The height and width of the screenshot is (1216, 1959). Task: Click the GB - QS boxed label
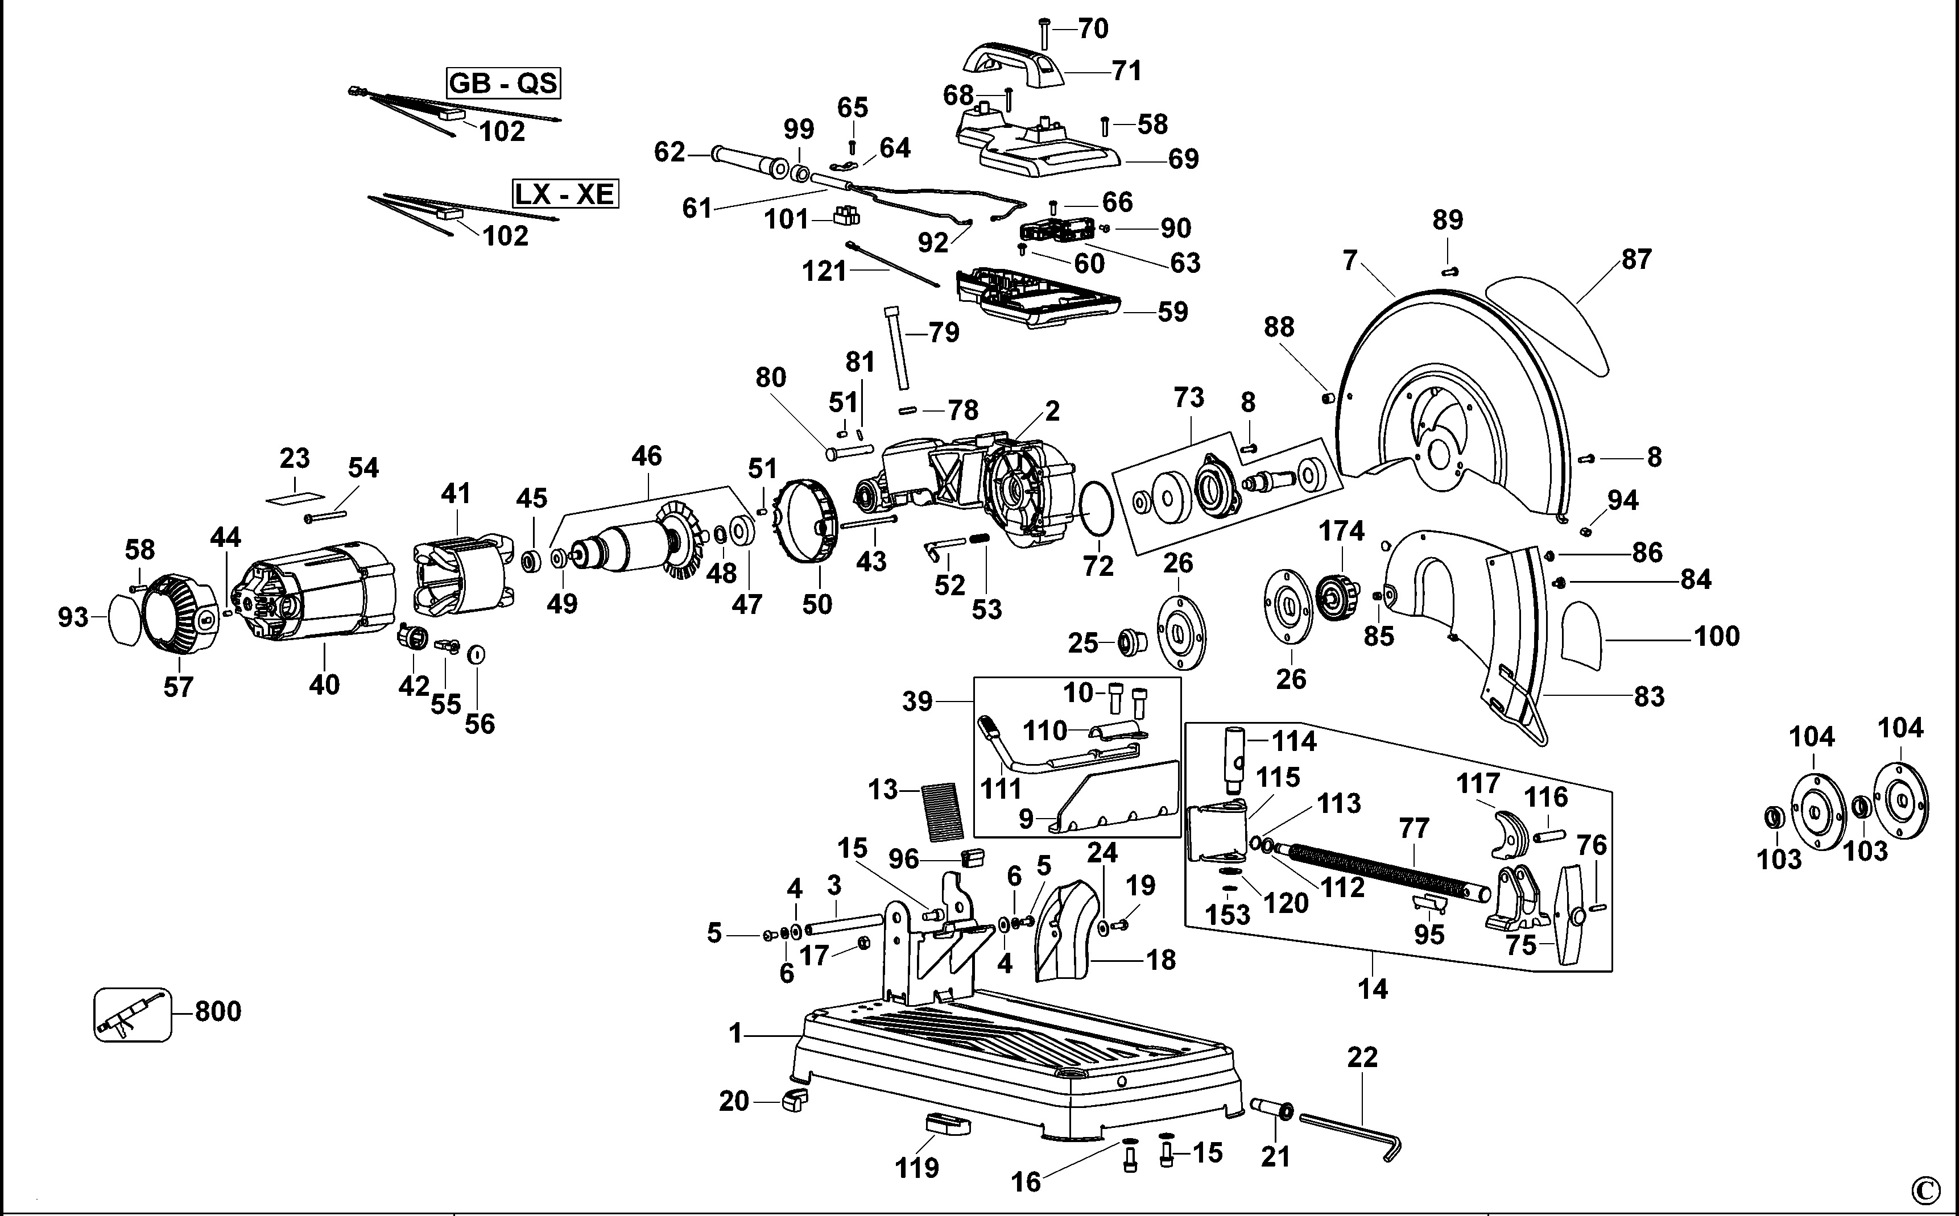503,84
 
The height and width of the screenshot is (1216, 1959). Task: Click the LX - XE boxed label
565,194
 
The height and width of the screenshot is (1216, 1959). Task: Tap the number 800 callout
218,1011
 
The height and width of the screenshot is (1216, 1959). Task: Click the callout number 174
1341,531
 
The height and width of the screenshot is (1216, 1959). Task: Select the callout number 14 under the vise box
1373,987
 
